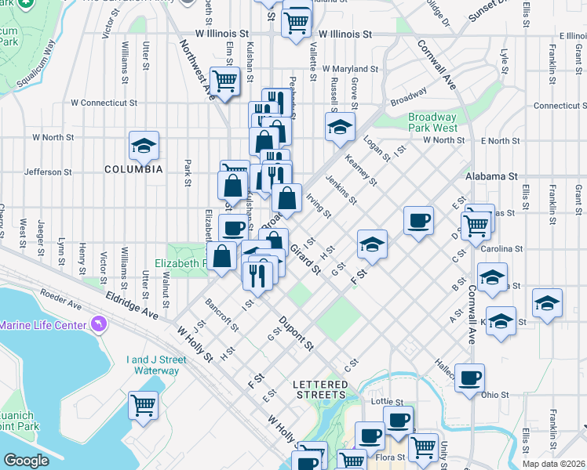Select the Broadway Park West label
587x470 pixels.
432,122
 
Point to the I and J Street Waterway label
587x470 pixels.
156,365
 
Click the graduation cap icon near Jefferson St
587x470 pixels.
144,145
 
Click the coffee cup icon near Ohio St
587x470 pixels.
469,378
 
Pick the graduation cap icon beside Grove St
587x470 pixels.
340,127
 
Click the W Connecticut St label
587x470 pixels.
104,103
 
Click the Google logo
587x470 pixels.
26,461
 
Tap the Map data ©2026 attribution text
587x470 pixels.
554,464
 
